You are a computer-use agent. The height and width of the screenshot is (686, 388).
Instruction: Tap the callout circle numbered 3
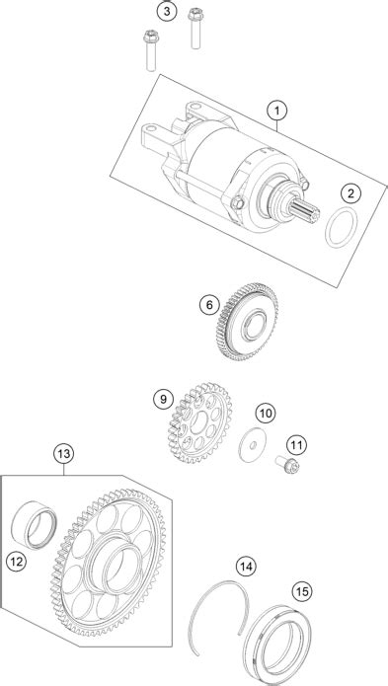coord(168,12)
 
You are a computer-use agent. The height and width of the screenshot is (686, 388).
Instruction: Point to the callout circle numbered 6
coord(209,306)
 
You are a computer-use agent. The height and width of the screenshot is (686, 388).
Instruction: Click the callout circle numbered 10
coord(264,412)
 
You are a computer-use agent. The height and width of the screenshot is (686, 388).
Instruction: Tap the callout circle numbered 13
coord(64,455)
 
